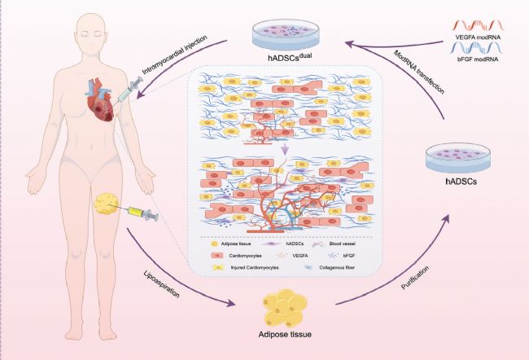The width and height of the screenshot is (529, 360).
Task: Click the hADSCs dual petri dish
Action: click(x=286, y=35)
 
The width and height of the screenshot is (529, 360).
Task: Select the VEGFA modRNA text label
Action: click(x=478, y=37)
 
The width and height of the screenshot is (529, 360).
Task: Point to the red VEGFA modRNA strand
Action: click(x=478, y=25)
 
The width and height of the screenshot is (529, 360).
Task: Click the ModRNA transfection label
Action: click(x=418, y=72)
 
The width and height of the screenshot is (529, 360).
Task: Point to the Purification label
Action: click(x=414, y=278)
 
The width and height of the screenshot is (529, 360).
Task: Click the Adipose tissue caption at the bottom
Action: click(x=285, y=335)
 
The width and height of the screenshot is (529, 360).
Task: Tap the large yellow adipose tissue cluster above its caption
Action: click(x=284, y=308)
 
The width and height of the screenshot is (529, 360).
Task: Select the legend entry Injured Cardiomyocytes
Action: click(x=255, y=267)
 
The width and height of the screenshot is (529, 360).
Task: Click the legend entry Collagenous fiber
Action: click(x=337, y=267)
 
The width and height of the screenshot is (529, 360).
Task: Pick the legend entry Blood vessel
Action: click(x=342, y=244)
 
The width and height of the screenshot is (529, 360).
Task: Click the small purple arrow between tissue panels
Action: click(x=285, y=148)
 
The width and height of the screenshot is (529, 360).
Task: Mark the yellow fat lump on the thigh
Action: click(x=106, y=204)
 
